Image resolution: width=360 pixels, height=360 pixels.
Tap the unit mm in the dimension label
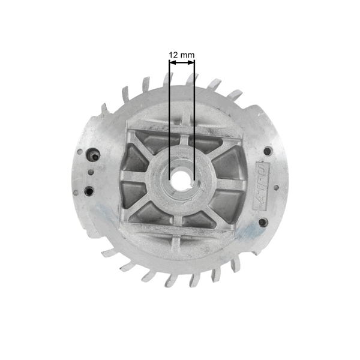(x=187, y=55)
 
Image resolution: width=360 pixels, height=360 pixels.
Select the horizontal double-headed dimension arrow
(x=181, y=62)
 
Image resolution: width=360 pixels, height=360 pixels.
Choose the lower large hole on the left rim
(x=89, y=191)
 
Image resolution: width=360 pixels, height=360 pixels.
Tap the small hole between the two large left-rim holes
(x=90, y=173)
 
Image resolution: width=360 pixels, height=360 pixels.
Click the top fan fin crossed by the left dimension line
(x=169, y=78)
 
